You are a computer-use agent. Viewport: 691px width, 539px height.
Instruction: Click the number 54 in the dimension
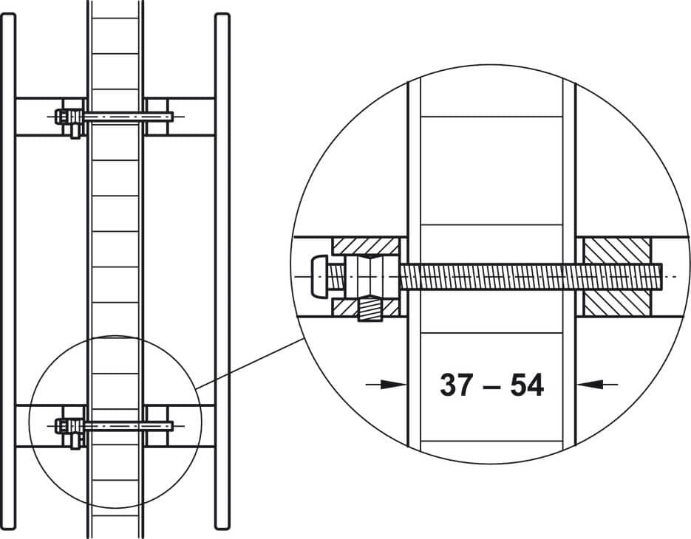tap(527, 385)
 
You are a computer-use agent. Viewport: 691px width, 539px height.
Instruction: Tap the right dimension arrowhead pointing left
tap(590, 385)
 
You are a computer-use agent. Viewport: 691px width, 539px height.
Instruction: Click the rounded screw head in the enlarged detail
tap(320, 276)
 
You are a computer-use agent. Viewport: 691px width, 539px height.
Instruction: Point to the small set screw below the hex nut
tap(370, 309)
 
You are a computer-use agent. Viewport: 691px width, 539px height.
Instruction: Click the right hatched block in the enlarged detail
tap(617, 277)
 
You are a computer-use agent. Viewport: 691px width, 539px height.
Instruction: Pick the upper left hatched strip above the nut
tap(366, 246)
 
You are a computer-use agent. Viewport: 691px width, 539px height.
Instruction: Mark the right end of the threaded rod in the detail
tap(661, 277)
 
